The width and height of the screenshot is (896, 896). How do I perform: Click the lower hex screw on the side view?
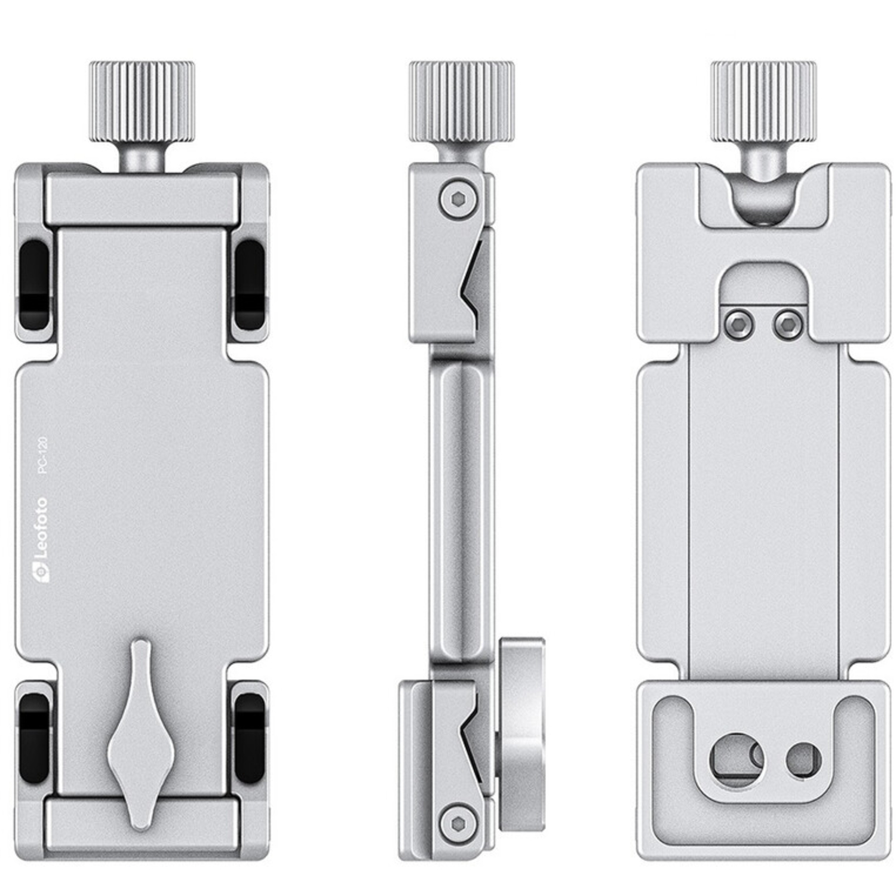pos(453,824)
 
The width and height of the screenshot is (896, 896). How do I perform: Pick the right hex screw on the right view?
pos(787,324)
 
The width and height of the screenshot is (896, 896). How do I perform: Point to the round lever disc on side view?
pos(520,729)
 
